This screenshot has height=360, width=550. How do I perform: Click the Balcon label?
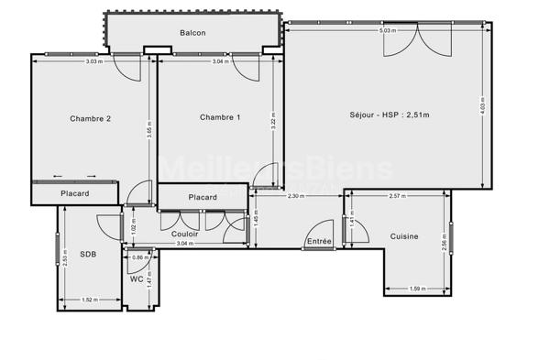(x=192, y=33)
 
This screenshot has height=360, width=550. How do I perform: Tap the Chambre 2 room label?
(x=91, y=118)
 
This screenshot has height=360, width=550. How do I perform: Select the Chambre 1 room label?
(x=220, y=117)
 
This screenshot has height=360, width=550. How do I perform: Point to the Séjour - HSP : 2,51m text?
(x=390, y=115)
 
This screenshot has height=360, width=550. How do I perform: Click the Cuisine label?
(x=403, y=236)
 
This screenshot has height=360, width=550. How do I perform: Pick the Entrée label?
(x=319, y=241)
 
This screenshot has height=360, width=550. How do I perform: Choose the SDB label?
(x=89, y=254)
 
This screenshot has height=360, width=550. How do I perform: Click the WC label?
(x=137, y=278)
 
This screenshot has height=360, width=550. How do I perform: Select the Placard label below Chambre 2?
(x=75, y=193)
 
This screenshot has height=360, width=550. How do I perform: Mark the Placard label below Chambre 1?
(x=203, y=197)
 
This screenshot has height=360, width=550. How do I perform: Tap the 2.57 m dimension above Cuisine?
(x=397, y=196)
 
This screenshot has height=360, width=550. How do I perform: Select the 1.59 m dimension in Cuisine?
(x=417, y=290)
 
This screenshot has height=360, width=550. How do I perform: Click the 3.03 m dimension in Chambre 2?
(x=93, y=61)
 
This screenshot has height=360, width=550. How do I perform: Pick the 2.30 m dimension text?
(x=296, y=196)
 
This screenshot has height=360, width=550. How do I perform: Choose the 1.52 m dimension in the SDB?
(x=90, y=300)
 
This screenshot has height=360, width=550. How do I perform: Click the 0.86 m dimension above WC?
(x=139, y=258)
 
